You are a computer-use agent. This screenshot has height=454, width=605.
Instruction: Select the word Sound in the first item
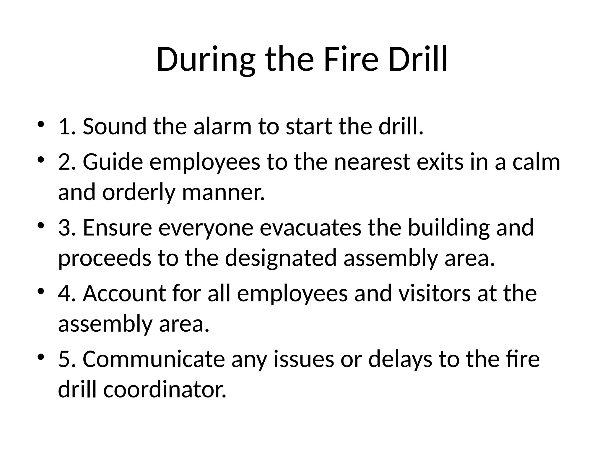[114, 127]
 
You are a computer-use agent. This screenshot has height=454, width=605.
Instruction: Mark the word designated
[281, 258]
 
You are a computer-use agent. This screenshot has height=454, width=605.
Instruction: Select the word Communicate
[154, 359]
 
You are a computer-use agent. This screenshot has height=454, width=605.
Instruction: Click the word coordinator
[165, 390]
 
